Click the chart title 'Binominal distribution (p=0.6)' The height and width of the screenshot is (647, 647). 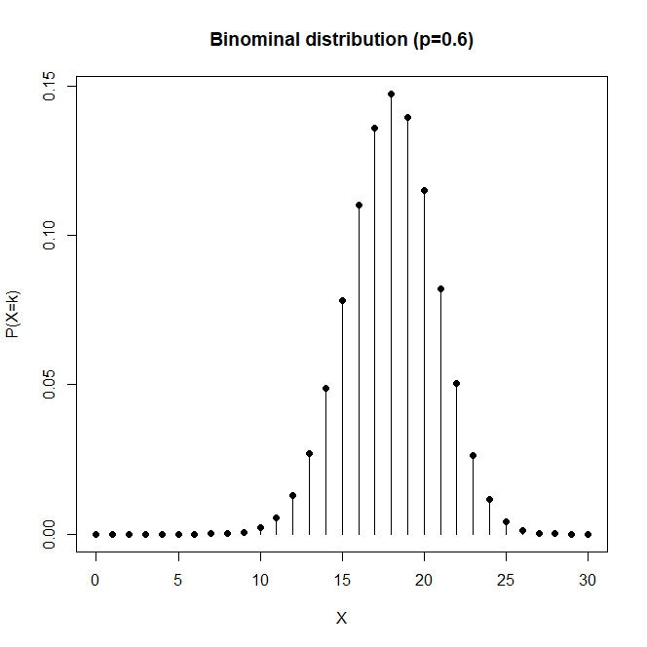[x=342, y=40]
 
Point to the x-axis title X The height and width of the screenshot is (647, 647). [x=342, y=618]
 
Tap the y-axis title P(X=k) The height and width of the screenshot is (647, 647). [x=14, y=310]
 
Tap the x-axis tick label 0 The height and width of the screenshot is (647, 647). [x=95, y=579]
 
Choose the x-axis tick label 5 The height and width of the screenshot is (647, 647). [x=178, y=579]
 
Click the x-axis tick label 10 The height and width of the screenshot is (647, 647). [x=260, y=579]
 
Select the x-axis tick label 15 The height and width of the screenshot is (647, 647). [x=342, y=579]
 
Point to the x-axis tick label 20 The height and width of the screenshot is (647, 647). [x=424, y=579]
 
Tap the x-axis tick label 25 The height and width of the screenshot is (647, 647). [x=506, y=579]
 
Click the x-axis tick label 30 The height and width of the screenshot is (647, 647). [x=588, y=579]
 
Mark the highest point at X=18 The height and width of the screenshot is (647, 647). [x=391, y=95]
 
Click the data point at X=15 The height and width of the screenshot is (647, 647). [x=342, y=300]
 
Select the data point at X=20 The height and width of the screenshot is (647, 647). [x=424, y=190]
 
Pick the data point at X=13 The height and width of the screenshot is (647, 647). [x=309, y=453]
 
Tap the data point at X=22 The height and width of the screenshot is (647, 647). [x=457, y=383]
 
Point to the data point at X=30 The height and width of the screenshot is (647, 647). [x=588, y=534]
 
